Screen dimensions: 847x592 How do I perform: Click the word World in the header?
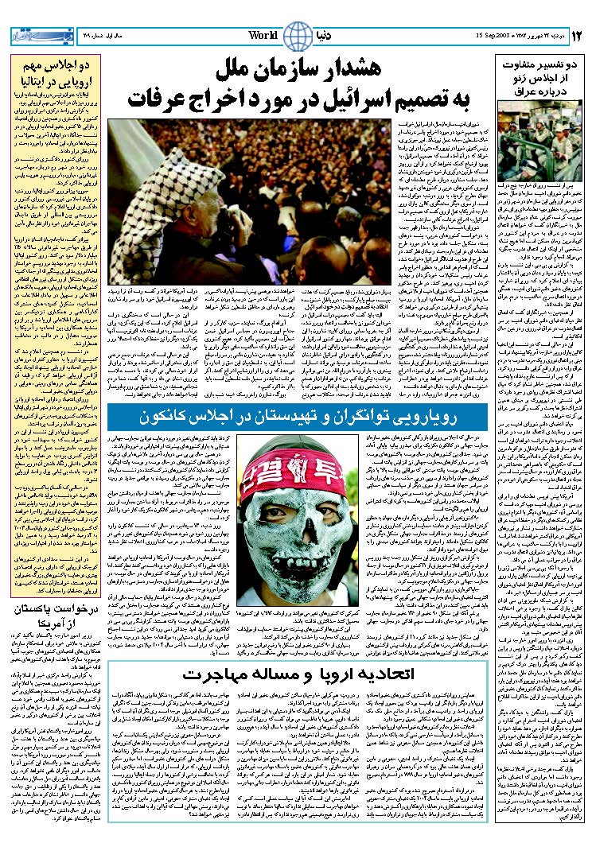tap(263, 36)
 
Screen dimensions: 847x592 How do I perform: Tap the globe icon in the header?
tap(298, 36)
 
